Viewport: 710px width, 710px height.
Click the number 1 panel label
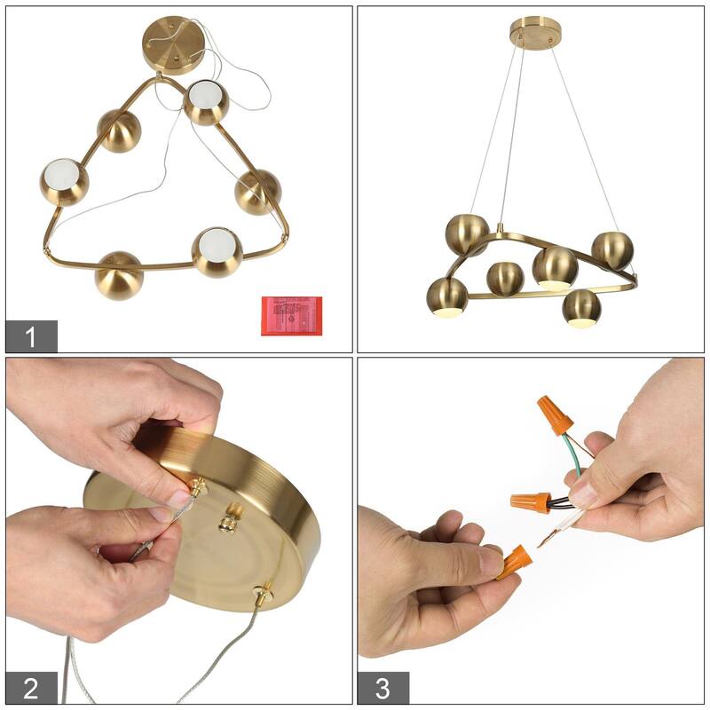(32, 336)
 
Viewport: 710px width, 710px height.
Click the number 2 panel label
(32, 689)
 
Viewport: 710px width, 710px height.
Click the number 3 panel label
(383, 689)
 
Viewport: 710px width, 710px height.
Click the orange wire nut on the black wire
(530, 501)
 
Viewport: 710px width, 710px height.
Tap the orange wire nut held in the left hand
(514, 562)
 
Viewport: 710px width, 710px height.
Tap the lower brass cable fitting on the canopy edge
(264, 592)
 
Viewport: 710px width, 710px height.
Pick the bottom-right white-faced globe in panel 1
(217, 252)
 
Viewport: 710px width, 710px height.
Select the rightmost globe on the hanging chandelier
(611, 251)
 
